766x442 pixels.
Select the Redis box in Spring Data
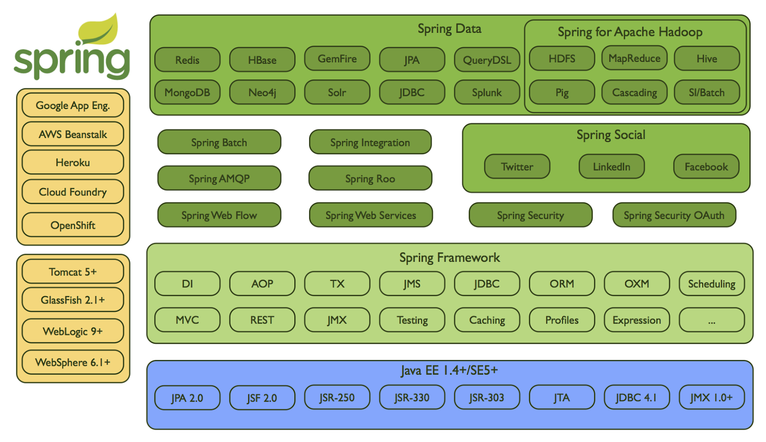pos(187,60)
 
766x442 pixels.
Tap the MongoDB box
pos(187,92)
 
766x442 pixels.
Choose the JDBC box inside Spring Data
pos(412,92)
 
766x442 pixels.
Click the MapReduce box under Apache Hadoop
pos(634,58)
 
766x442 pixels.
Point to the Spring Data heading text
pos(449,29)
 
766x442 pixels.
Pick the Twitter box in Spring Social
pos(517,166)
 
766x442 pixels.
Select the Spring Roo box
pos(370,179)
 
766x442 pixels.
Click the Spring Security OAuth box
pos(674,215)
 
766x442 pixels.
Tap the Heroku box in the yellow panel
pos(73,163)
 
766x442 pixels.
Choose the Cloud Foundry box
pos(73,192)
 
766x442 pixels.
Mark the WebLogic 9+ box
pos(73,331)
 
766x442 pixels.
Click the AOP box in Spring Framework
pos(262,284)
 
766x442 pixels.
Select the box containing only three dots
pos(711,320)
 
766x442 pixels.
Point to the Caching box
pos(487,320)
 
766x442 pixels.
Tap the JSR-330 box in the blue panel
pos(412,397)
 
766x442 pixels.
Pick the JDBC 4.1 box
pos(636,397)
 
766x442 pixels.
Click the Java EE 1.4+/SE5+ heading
pos(449,370)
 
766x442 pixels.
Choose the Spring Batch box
pos(219,142)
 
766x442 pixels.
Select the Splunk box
pos(487,92)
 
